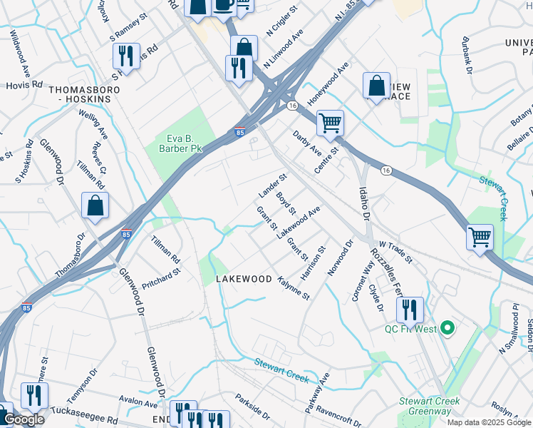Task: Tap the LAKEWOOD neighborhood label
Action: pos(244,279)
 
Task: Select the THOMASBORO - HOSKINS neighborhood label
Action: pos(80,94)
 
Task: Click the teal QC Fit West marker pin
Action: pos(447,328)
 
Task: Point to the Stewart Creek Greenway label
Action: pos(428,406)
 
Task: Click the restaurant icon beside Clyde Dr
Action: pos(409,310)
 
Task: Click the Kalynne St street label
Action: pos(294,287)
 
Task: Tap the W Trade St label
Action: pos(396,250)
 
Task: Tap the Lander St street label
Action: pos(272,185)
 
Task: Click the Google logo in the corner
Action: pos(24,419)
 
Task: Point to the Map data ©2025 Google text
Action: pos(489,422)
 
